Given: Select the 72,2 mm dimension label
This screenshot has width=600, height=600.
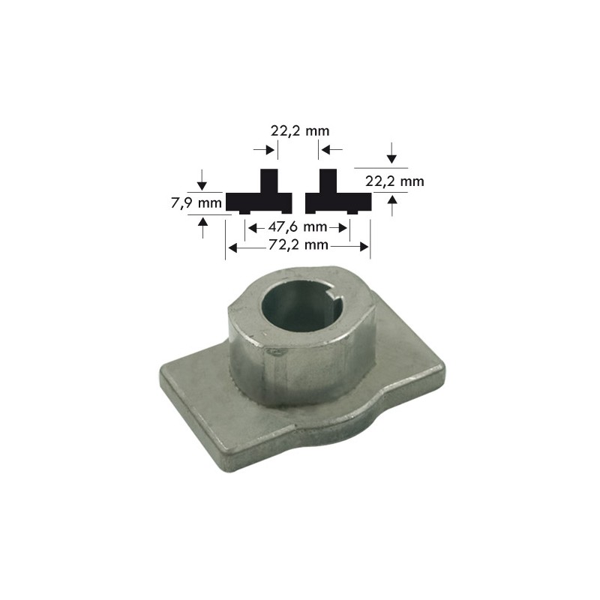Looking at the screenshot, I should (x=298, y=245).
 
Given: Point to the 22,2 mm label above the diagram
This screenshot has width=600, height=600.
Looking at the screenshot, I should (x=299, y=130).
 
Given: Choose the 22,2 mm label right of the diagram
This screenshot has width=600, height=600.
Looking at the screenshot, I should (x=394, y=181).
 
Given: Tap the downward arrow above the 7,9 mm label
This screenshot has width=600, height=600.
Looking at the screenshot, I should (x=202, y=181).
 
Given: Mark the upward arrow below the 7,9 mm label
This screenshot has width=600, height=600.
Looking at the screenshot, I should (x=202, y=226).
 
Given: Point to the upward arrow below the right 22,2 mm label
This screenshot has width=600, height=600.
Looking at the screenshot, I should (x=391, y=204).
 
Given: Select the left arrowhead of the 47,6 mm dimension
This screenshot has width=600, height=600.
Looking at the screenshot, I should (x=252, y=227).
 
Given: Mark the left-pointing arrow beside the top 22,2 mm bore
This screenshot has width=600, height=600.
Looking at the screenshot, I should (x=326, y=151).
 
